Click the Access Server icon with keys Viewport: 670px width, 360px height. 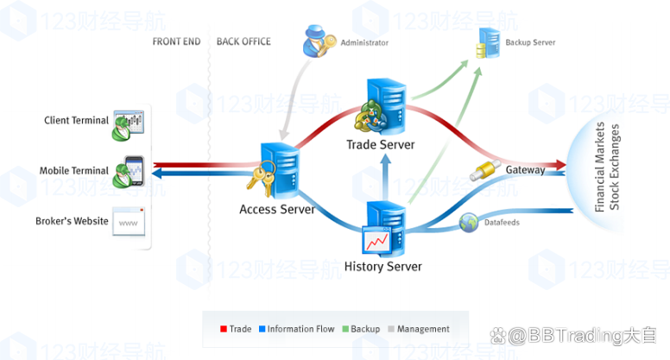[x=273, y=167]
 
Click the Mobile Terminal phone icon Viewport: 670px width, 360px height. [x=131, y=171]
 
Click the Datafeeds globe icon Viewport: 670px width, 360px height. [x=469, y=223]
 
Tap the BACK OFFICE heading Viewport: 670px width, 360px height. [x=243, y=41]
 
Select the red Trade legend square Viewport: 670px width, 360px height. [x=224, y=329]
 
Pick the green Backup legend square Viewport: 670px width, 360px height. [x=344, y=329]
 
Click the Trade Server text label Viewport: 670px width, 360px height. [x=381, y=144]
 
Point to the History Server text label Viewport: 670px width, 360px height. [x=383, y=267]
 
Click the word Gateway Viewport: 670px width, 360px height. [x=525, y=170]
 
